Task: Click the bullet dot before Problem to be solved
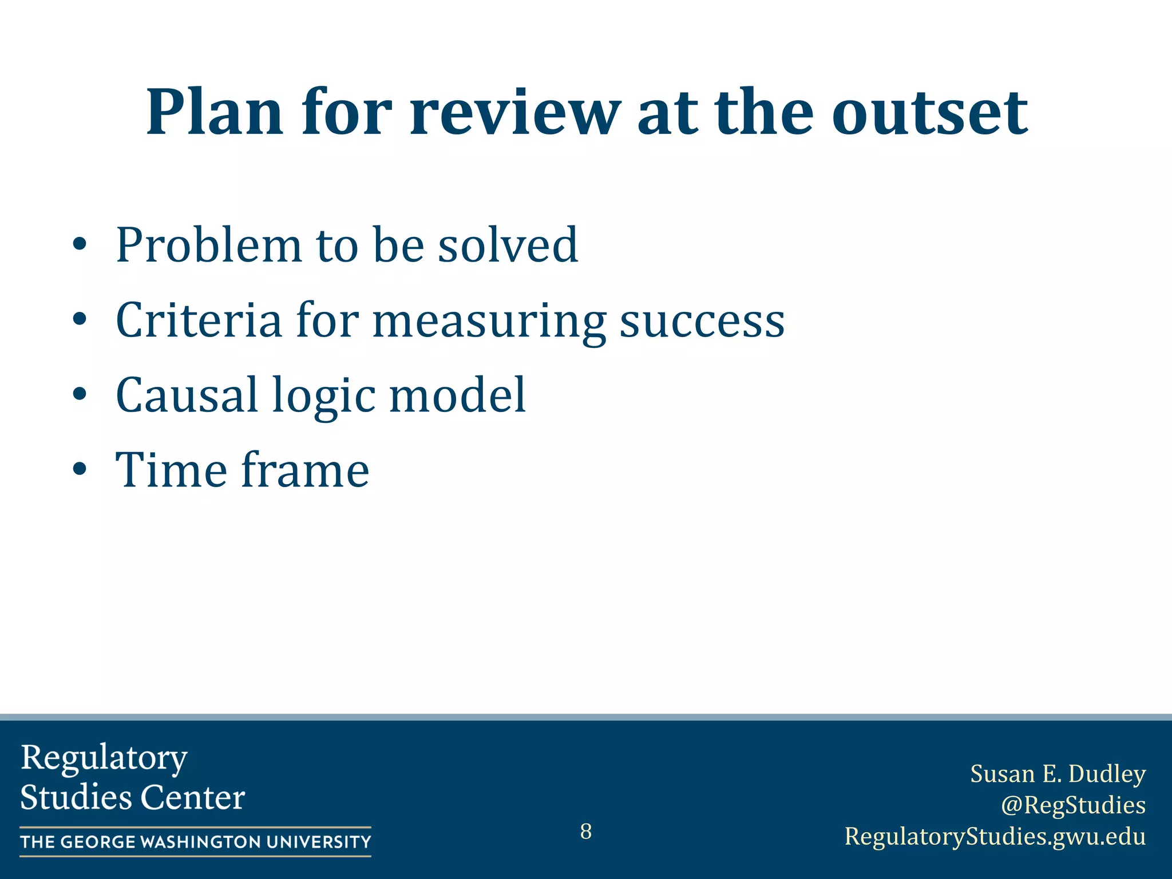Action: coord(80,246)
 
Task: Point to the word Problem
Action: coord(208,246)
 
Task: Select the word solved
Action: coord(508,246)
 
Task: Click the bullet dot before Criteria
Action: coord(80,320)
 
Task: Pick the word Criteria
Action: coord(199,320)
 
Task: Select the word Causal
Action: coord(187,395)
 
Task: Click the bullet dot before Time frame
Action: coord(80,470)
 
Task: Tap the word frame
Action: coord(305,470)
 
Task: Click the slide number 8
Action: coord(585,831)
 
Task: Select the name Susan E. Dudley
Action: coord(1058,774)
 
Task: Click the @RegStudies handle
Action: coord(1073,805)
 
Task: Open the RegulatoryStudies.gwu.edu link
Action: coord(995,836)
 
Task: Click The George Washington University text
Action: coord(195,842)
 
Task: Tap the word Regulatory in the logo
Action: coord(104,758)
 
